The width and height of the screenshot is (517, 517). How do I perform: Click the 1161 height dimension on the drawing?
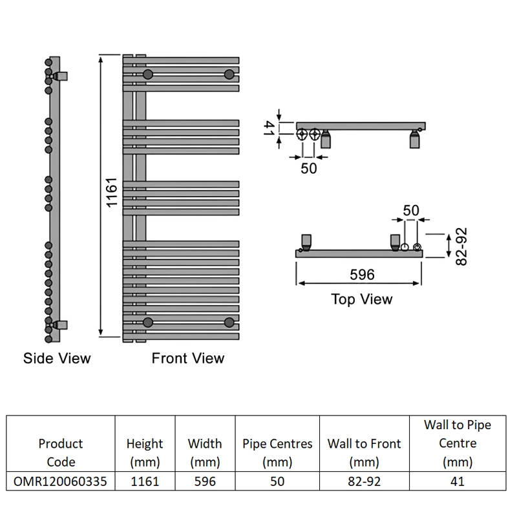tap(112, 193)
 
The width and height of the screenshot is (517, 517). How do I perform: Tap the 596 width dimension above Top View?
tap(362, 274)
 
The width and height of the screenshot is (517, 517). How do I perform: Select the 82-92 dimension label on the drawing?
tap(461, 247)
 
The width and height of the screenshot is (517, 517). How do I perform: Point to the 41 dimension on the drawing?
tap(269, 128)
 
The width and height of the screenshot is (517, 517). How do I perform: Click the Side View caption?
tap(57, 358)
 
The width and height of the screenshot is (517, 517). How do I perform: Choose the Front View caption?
tap(188, 358)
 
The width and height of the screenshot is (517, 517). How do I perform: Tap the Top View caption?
tap(362, 299)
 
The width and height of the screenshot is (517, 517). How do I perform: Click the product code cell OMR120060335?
tap(60, 481)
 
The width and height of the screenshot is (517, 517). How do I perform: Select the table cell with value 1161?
tap(145, 481)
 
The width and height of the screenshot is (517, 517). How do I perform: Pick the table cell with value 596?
tap(205, 481)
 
